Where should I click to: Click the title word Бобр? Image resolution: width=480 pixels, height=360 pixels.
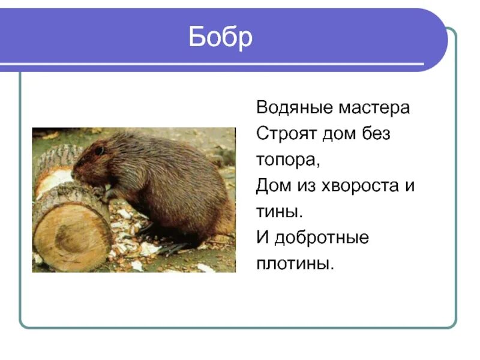click(220, 38)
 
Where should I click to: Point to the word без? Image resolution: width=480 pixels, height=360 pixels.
click(377, 134)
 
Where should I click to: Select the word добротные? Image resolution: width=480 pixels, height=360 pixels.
click(322, 238)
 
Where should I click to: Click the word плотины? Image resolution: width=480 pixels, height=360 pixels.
click(294, 263)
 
